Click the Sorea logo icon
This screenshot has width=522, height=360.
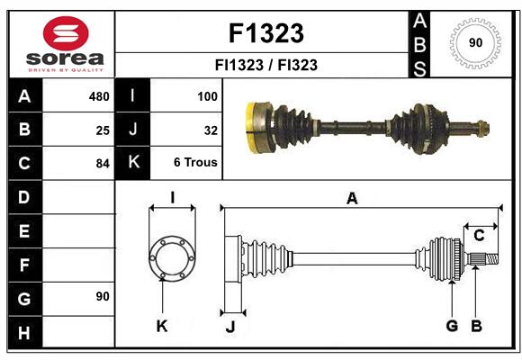click(66, 35)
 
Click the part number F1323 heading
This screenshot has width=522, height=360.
click(265, 33)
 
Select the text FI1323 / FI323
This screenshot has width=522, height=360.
click(265, 65)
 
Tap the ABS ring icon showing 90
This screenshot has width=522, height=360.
click(474, 42)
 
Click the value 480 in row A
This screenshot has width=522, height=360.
click(98, 96)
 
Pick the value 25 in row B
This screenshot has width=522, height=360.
click(103, 130)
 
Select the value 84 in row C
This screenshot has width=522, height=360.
click(103, 164)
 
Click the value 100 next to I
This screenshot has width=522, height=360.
click(207, 96)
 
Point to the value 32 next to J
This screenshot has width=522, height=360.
click(211, 130)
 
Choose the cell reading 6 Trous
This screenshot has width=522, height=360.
click(195, 163)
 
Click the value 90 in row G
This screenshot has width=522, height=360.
click(103, 296)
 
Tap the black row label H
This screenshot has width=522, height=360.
click(24, 334)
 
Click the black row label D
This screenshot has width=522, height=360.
click(24, 196)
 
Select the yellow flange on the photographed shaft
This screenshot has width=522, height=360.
click(255, 128)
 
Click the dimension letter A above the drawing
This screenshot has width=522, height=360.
click(352, 199)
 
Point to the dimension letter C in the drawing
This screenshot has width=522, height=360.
click(479, 236)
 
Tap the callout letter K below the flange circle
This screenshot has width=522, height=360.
click(162, 326)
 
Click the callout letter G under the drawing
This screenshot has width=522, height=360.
click(452, 326)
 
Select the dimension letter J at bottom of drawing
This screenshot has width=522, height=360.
click(229, 327)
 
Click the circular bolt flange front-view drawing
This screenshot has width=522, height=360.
click(171, 259)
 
